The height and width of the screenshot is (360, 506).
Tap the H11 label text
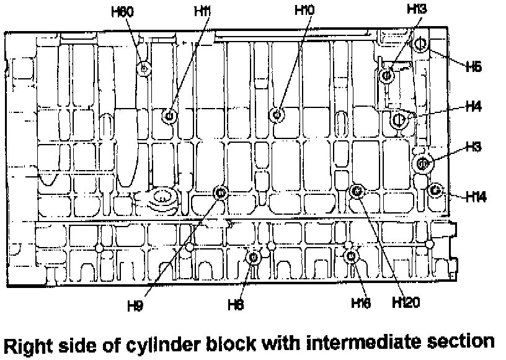(x=202, y=11)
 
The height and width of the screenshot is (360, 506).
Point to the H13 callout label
(x=417, y=9)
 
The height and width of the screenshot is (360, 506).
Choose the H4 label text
(x=474, y=107)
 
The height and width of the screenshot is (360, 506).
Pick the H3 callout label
(x=474, y=147)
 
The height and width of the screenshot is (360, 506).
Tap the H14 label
(x=476, y=197)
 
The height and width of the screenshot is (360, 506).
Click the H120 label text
(x=407, y=302)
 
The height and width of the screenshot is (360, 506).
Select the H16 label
(x=360, y=303)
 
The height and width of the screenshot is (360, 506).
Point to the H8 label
(x=236, y=304)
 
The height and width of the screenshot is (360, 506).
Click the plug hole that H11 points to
(x=169, y=116)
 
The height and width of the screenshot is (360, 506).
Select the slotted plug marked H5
(x=419, y=44)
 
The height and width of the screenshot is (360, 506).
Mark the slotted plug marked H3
(x=423, y=163)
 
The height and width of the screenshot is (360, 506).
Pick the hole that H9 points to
(x=220, y=193)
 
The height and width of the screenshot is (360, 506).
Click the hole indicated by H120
(x=357, y=191)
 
